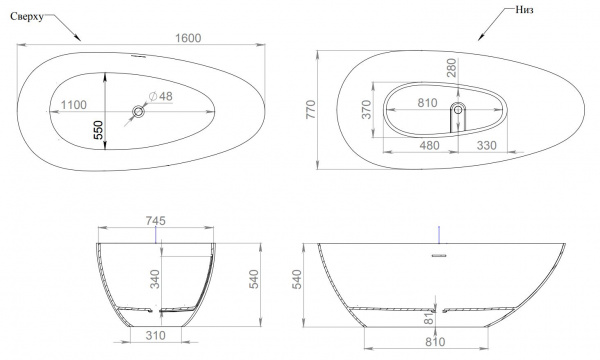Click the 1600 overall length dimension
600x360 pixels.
(x=188, y=38)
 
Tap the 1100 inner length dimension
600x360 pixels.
(x=74, y=105)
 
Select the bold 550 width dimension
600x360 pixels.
(x=99, y=130)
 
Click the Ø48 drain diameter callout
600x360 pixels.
(x=161, y=96)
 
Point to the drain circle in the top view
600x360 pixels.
(x=138, y=111)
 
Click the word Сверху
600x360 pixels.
(x=27, y=17)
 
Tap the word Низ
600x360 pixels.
(x=524, y=10)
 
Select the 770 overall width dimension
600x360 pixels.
(x=311, y=109)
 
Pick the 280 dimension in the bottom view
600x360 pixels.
(x=452, y=68)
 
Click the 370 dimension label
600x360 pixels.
(x=367, y=109)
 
